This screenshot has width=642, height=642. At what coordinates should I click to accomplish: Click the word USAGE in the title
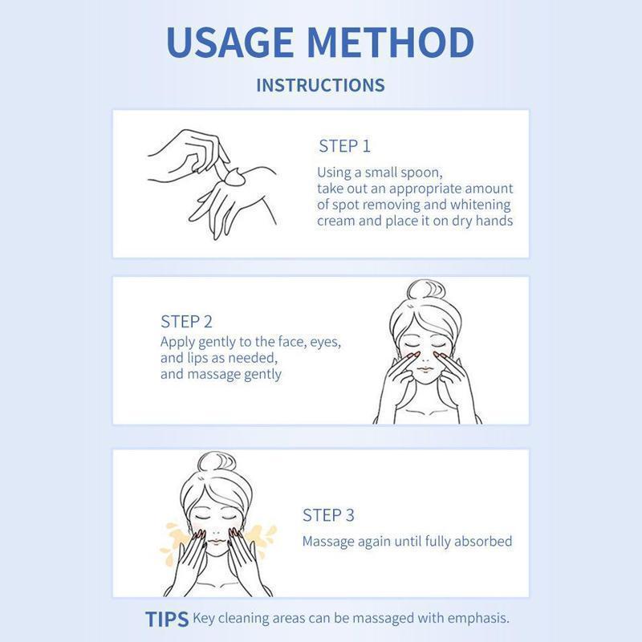230,43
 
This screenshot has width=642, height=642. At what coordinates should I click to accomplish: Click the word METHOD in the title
390,43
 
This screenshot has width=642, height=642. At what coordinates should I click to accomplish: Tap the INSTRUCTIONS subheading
320,85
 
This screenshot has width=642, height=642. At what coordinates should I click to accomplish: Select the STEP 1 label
344,146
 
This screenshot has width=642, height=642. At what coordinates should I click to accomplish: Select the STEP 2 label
187,322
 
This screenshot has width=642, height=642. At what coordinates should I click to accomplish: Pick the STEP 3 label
328,515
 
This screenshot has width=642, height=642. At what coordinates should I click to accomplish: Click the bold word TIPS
167,620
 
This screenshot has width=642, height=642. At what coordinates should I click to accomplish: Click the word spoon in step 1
423,173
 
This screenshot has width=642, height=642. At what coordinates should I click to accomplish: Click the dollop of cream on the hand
233,177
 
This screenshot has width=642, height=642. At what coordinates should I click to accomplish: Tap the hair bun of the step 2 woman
426,290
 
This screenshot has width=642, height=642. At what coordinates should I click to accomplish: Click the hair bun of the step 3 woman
217,463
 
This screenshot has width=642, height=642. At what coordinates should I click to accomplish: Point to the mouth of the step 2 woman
425,369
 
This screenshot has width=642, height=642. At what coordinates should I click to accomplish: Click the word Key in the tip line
204,618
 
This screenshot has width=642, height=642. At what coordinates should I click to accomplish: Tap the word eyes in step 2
326,343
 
